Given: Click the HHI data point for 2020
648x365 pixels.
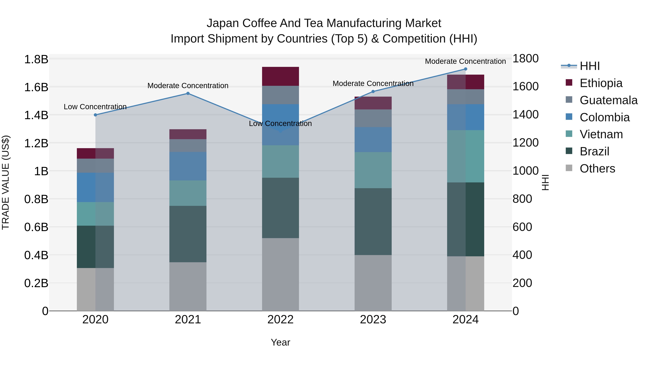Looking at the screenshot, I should tap(95, 115).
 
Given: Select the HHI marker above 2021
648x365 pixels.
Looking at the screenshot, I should tap(188, 93).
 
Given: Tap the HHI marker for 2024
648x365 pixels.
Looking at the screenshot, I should tap(465, 69).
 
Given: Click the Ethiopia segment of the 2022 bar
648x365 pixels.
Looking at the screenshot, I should tap(280, 76).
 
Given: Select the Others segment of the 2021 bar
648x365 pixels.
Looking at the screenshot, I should tap(188, 286).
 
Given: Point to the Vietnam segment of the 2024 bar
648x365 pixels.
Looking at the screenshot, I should tap(465, 156).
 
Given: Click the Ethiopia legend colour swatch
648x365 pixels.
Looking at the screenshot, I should tap(569, 83).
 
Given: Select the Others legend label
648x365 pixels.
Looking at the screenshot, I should tap(597, 169).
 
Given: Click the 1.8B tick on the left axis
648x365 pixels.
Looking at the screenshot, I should tap(36, 59).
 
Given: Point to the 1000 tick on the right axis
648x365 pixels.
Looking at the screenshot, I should tap(525, 171).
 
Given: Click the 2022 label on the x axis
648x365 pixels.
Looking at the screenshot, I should tap(280, 320).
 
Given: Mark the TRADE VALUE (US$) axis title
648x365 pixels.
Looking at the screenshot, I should tap(6, 182).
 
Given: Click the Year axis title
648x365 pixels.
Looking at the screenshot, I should tap(280, 342).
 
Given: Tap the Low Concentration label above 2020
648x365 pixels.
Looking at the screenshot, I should tap(95, 107).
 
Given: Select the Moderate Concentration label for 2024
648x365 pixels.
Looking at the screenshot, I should tap(465, 61).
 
